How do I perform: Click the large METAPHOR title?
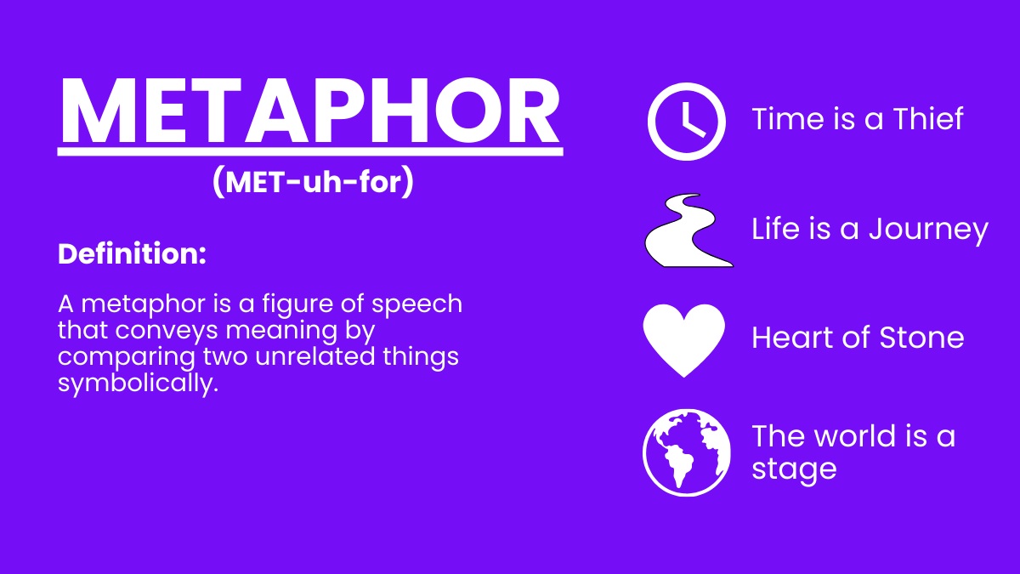point(310,111)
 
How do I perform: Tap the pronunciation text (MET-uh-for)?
point(314,182)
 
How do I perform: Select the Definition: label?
point(132,253)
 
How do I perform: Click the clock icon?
point(686,122)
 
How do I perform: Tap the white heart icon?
point(684,340)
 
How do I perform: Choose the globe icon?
point(686,452)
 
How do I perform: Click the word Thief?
point(928,119)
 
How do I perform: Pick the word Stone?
point(921,338)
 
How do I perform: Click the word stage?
point(794,469)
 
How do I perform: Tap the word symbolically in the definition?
point(138,383)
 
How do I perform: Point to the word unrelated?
point(315,356)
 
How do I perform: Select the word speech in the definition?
point(416,304)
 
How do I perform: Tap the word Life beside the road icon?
point(775,228)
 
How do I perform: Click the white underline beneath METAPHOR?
point(310,151)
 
